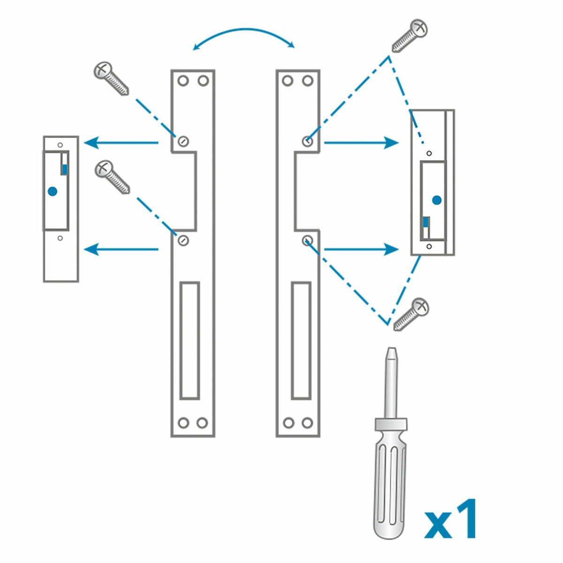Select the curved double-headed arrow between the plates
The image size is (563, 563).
click(x=243, y=38)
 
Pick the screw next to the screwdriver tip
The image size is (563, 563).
click(x=411, y=314)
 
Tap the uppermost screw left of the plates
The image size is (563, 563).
click(x=111, y=78)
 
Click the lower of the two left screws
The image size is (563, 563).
click(x=112, y=177)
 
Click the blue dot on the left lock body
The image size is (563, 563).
click(x=53, y=191)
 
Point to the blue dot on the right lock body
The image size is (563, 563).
click(x=437, y=200)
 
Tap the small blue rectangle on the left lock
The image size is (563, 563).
click(x=65, y=169)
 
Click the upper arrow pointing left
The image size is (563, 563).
click(x=121, y=143)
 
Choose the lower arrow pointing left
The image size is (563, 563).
click(x=121, y=249)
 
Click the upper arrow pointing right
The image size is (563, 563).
click(x=361, y=143)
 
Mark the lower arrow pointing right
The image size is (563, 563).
click(x=361, y=249)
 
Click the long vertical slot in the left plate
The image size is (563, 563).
click(x=190, y=340)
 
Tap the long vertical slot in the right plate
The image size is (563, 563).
click(x=301, y=340)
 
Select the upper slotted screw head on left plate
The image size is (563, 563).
click(x=183, y=141)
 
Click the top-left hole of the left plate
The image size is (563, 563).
click(x=183, y=81)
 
